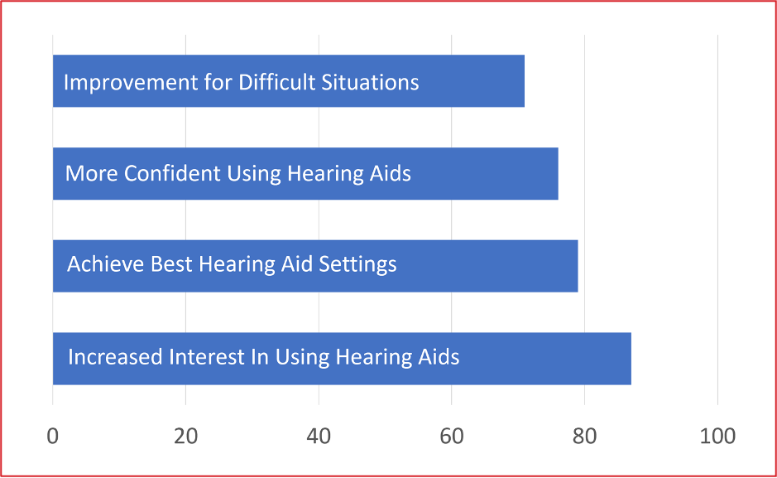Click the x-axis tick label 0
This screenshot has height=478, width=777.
[52, 437]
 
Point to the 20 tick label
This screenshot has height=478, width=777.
[186, 437]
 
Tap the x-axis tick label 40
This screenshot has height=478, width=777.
[319, 437]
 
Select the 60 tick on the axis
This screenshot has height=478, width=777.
[452, 437]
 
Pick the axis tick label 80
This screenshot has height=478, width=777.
[585, 437]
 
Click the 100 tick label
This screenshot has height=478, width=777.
[717, 437]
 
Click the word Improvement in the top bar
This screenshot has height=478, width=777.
[131, 83]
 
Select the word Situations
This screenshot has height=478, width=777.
[370, 82]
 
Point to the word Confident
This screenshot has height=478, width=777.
[172, 173]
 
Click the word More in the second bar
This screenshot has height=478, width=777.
[92, 173]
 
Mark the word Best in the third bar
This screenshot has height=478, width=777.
[171, 263]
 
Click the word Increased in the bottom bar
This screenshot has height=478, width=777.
[115, 356]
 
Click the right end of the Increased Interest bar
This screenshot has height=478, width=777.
[631, 359]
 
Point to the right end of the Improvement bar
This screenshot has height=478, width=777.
[525, 81]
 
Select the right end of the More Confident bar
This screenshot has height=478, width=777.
[558, 173]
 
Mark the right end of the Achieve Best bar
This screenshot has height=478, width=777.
[578, 266]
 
